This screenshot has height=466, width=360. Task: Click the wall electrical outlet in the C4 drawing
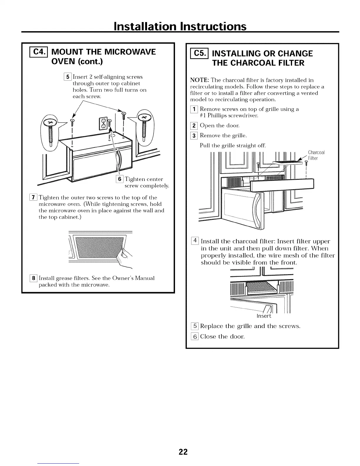104,123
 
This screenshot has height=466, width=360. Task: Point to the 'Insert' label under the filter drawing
264,316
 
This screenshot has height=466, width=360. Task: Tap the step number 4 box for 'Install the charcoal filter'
195,242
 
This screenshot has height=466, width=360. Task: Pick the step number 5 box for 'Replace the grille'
194,326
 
